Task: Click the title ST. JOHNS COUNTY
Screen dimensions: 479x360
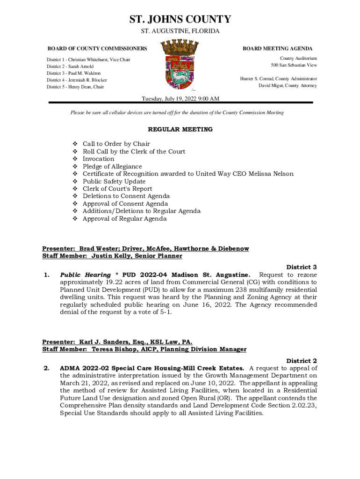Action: pos(180,19)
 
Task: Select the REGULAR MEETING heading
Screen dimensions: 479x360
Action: pos(180,129)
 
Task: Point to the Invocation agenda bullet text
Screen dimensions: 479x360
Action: pos(98,159)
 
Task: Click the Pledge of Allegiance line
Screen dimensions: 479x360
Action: pos(112,167)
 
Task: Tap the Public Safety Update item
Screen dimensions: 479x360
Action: pos(114,181)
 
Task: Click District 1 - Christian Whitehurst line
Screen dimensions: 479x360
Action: pos(88,60)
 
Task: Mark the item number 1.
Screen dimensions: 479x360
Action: pos(46,275)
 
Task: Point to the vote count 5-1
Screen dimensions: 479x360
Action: pos(165,312)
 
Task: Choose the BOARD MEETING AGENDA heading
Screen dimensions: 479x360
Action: pos(278,49)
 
